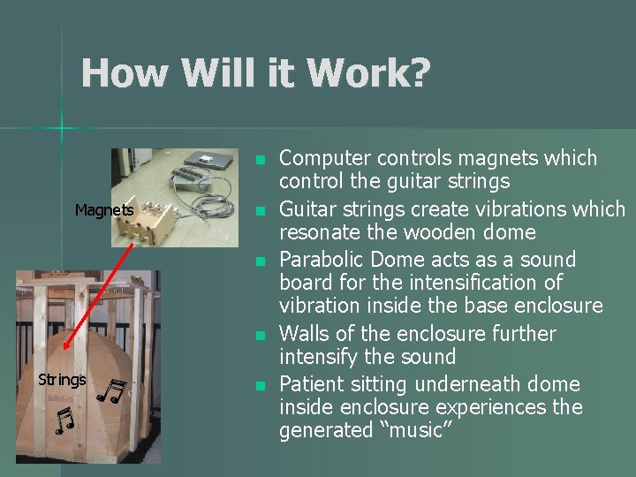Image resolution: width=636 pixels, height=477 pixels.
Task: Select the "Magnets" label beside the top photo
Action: point(104,210)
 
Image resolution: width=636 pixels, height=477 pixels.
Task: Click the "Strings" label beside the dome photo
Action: point(62,380)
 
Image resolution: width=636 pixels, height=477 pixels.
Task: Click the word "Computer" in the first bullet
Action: point(324,159)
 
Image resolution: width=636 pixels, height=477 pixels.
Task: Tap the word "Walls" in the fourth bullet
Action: point(303,334)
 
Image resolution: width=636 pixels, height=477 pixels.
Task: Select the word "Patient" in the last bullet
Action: point(310,384)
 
